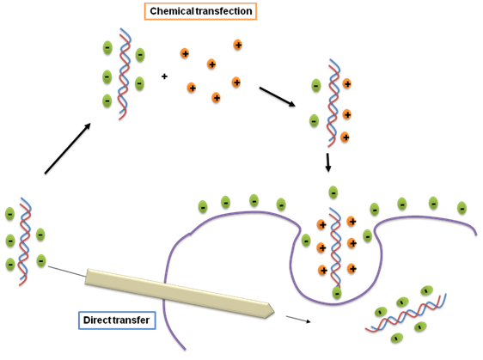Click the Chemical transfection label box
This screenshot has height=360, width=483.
[200, 11]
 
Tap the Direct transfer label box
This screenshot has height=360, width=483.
[117, 320]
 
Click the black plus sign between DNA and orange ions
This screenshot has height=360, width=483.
[164, 76]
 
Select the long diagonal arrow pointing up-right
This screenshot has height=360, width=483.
[67, 149]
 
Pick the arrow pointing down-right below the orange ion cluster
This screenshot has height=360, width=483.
[278, 97]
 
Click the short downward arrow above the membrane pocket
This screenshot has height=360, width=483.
[328, 162]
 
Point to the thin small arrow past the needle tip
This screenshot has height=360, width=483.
[298, 319]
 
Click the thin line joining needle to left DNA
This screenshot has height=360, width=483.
[66, 271]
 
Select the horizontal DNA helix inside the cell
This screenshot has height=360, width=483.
[406, 313]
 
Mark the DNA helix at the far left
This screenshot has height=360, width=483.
[25, 241]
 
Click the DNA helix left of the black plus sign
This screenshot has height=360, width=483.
[125, 74]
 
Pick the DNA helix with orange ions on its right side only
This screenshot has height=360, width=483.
[333, 103]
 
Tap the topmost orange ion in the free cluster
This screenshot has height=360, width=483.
[237, 45]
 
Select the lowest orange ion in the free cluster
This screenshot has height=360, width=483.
[217, 98]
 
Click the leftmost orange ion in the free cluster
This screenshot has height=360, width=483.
[185, 53]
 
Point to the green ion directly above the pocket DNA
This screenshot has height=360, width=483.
[333, 192]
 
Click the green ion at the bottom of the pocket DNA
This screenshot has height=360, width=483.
[337, 293]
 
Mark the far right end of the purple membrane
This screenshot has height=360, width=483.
[476, 235]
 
